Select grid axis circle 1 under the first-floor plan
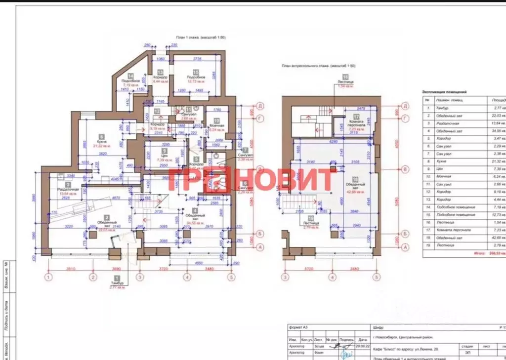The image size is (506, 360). [48, 278]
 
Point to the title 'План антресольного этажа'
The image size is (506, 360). [318, 66]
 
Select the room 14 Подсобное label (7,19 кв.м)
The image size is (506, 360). [131, 82]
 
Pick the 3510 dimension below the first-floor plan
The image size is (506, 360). [70, 269]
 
